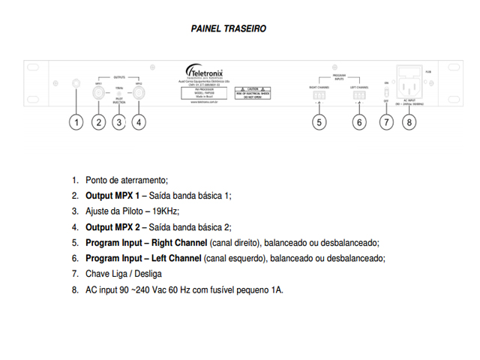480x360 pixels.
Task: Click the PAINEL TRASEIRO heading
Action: click(x=229, y=28)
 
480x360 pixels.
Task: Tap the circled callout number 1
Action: click(x=76, y=122)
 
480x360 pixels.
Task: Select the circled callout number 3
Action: click(x=118, y=122)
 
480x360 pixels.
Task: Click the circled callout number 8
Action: click(x=408, y=122)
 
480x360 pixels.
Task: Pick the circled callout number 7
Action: click(x=386, y=122)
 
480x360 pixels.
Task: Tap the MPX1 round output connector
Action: click(x=98, y=94)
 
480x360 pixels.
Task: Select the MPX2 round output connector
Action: click(x=139, y=94)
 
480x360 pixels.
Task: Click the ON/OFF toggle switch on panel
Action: click(x=386, y=93)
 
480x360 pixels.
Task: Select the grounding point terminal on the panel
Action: click(x=76, y=83)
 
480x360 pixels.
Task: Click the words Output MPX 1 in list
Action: click(x=112, y=196)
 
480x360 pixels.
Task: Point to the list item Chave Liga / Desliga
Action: click(x=124, y=274)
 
